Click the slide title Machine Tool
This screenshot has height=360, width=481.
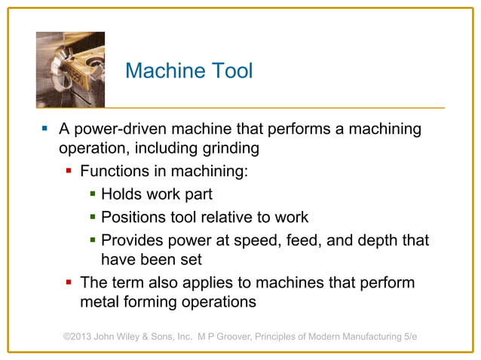click(188, 71)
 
